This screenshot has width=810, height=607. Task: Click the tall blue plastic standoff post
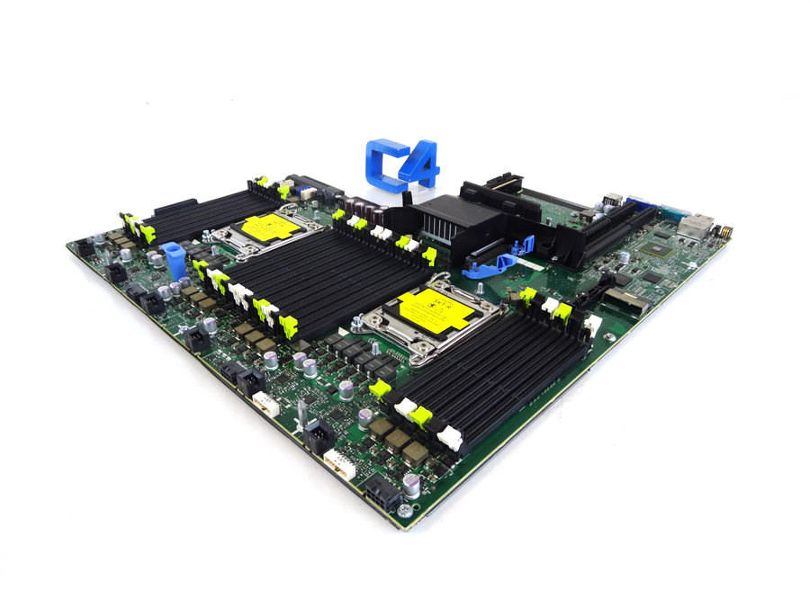(175, 261)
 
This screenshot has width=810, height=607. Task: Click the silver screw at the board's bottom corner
(404, 511)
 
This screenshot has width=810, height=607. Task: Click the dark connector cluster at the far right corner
(724, 232)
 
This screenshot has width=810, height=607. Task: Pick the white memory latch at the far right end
(592, 325)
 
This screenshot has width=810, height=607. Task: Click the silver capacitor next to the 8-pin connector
(410, 486)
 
